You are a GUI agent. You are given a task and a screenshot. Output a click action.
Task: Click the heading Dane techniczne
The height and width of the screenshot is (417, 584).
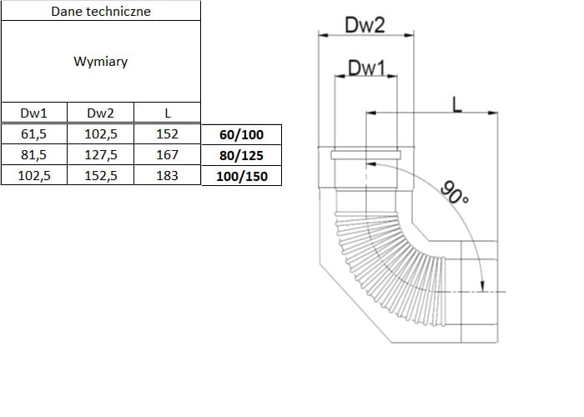pyautogui.click(x=101, y=12)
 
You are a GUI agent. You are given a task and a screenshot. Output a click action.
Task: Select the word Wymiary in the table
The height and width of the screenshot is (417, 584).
pyautogui.click(x=101, y=62)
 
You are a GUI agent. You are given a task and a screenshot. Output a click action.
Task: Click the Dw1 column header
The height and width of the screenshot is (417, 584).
pyautogui.click(x=33, y=113)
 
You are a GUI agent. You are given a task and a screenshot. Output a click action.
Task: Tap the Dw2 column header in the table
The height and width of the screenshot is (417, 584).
pyautogui.click(x=100, y=113)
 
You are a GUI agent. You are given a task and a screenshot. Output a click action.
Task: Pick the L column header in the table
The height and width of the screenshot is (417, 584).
pyautogui.click(x=167, y=113)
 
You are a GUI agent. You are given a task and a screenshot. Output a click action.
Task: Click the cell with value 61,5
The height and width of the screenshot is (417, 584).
pyautogui.click(x=33, y=133)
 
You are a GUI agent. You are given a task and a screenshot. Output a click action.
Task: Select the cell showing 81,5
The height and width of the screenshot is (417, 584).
pyautogui.click(x=33, y=154)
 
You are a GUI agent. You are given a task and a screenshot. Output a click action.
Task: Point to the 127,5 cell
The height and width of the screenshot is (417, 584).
pyautogui.click(x=100, y=154)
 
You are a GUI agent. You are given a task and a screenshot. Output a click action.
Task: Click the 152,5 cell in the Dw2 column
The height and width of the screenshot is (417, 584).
pyautogui.click(x=100, y=175)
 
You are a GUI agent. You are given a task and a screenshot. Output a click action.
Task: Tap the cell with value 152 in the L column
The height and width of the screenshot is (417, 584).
pyautogui.click(x=167, y=133)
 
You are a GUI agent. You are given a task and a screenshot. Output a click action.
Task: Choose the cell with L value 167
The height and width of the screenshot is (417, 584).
pyautogui.click(x=167, y=154)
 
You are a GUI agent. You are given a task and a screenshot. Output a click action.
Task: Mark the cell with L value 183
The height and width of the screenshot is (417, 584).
pyautogui.click(x=167, y=175)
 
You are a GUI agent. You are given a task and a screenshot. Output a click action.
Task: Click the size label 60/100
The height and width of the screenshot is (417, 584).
pyautogui.click(x=241, y=134)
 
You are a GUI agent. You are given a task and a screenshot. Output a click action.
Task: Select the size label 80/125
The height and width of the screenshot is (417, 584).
pyautogui.click(x=241, y=155)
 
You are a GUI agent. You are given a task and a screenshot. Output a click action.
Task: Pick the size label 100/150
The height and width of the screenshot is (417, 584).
pyautogui.click(x=241, y=176)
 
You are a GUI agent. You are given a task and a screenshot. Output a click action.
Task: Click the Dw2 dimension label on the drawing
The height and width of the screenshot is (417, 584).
pyautogui.click(x=365, y=26)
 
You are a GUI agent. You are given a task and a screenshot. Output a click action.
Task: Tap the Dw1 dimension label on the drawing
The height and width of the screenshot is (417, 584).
pyautogui.click(x=365, y=68)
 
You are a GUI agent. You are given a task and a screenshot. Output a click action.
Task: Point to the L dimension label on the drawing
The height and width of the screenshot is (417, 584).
pyautogui.click(x=456, y=103)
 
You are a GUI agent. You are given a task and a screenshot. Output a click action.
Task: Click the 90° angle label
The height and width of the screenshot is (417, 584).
pyautogui.click(x=455, y=193)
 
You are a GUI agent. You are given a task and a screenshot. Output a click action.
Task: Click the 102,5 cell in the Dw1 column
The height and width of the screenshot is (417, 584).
pyautogui.click(x=33, y=175)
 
